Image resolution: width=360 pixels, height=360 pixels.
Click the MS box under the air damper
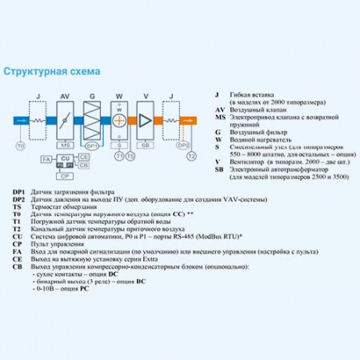(66, 146)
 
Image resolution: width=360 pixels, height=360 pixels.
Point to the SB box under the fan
(145, 146)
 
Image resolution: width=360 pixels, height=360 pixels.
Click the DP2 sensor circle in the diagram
(183, 146)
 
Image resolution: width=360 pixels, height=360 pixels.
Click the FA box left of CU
(46, 160)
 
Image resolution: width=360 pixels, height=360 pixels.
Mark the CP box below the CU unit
(66, 176)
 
